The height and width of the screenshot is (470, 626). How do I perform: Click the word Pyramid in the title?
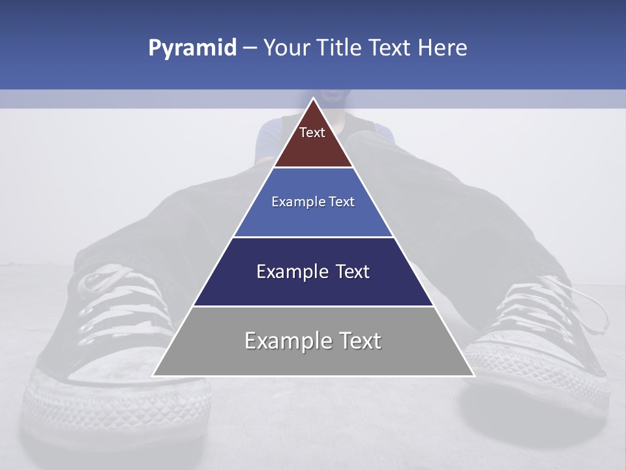(192, 48)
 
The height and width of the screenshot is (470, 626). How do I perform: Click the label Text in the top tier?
(312, 133)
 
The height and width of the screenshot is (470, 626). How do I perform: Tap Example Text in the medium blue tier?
(313, 202)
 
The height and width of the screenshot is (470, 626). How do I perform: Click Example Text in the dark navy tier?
(313, 272)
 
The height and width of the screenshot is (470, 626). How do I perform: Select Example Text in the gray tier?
(313, 341)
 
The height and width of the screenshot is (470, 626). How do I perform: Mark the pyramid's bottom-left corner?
(153, 375)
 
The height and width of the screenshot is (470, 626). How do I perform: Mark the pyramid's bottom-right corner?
(473, 375)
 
